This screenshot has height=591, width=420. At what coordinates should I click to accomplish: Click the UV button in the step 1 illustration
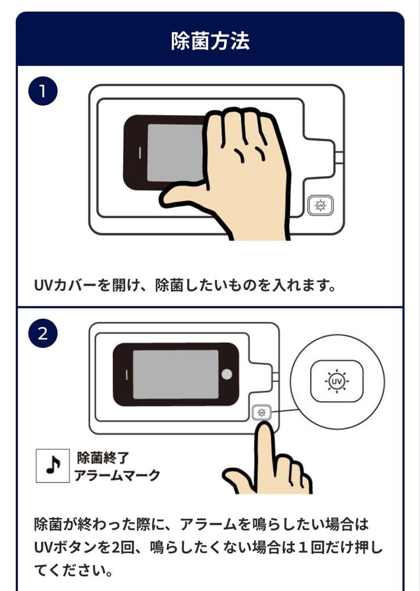(x=320, y=206)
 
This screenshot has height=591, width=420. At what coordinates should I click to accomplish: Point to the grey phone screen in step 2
(x=175, y=374)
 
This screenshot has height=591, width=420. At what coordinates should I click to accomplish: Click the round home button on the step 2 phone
(x=227, y=374)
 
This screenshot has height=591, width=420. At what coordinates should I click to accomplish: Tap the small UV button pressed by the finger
(x=262, y=413)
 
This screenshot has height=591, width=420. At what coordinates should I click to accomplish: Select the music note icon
(x=53, y=466)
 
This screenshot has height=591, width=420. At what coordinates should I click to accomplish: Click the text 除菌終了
(x=102, y=457)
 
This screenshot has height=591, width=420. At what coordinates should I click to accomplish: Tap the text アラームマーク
(x=117, y=475)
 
